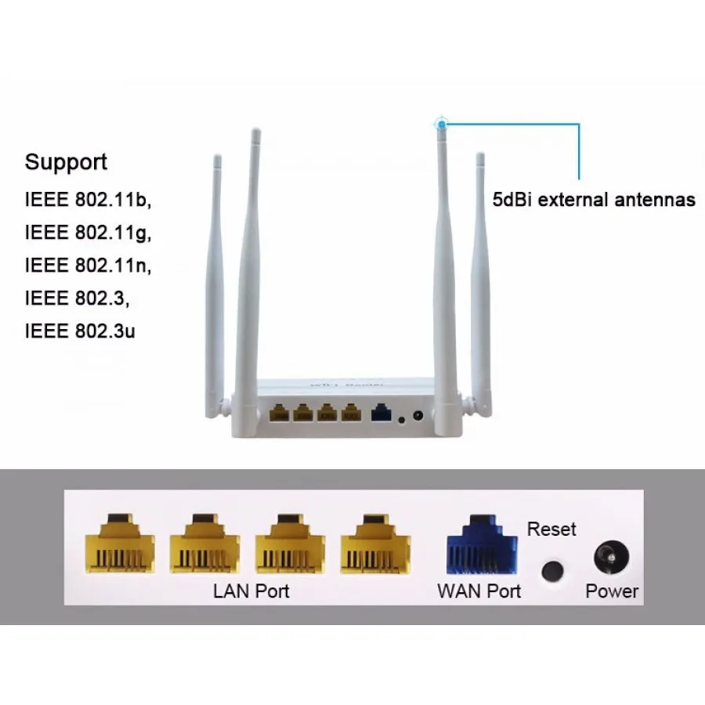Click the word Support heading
coord(66,163)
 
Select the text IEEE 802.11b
coord(87,201)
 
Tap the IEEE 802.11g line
coord(88,233)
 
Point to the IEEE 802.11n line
coord(88,266)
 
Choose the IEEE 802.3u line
coord(80,331)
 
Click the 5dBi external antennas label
coord(594,200)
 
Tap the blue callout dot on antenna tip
coord(443,123)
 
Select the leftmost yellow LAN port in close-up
coord(119,543)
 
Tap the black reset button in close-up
coord(554,569)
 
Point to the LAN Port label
coord(251,591)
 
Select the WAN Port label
coord(479,591)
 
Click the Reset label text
coord(551,530)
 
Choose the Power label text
coord(612,592)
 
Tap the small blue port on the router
coord(381,412)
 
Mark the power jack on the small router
coord(418,416)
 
